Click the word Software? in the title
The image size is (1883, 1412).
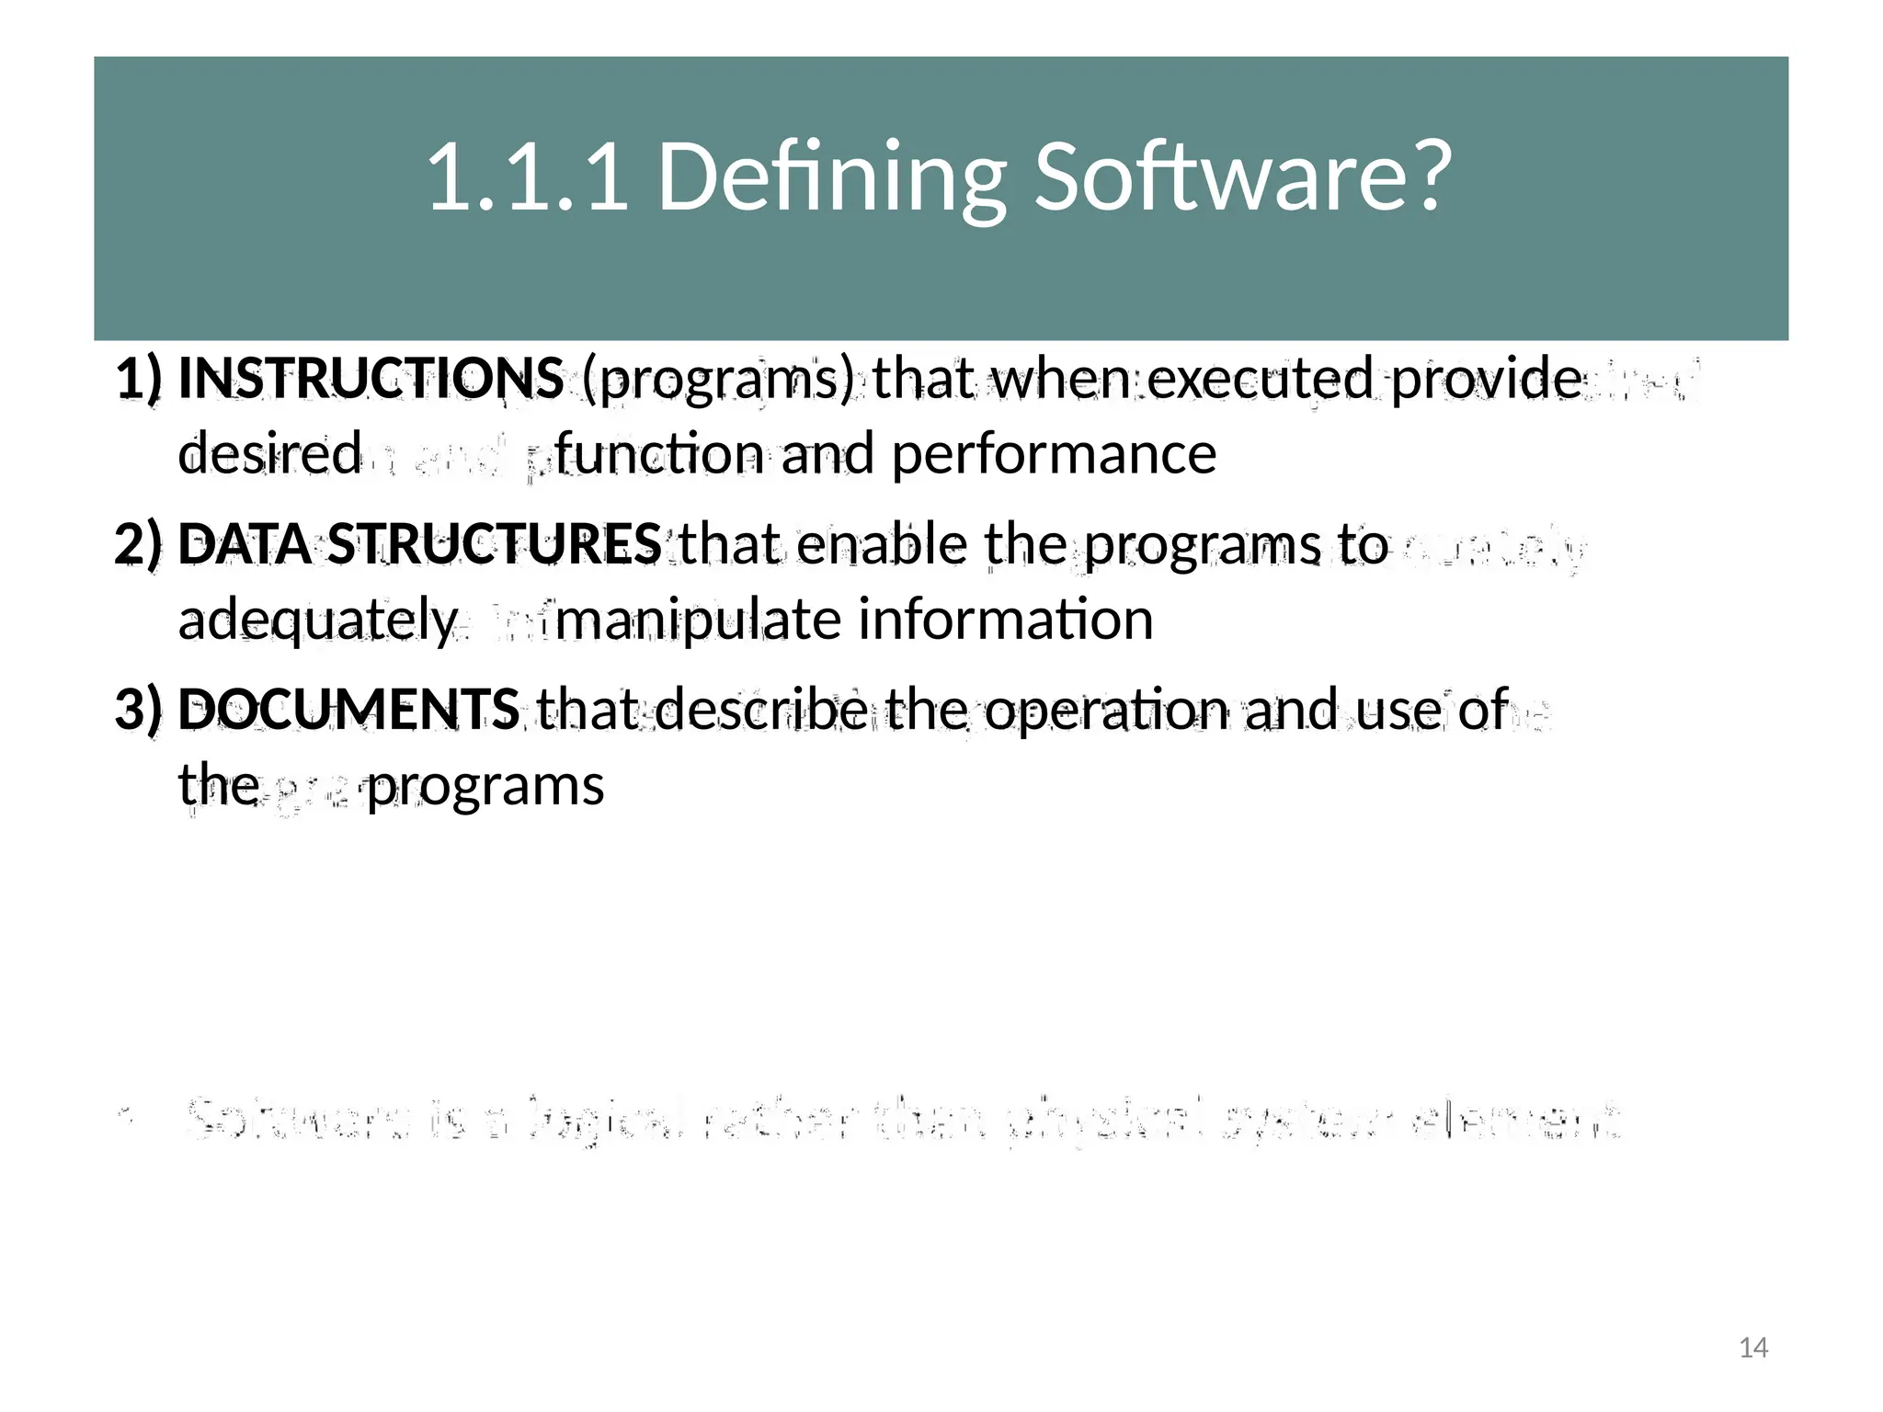1242,176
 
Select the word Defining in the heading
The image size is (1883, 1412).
831,176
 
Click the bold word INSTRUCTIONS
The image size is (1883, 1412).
371,378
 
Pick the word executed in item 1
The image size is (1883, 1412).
1261,378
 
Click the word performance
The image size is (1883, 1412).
1054,454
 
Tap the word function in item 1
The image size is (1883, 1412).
658,454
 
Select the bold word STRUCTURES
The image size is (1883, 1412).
495,543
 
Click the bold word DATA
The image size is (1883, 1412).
245,543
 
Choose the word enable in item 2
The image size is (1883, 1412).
882,543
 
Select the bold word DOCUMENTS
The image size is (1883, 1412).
348,709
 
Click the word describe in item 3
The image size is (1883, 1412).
761,709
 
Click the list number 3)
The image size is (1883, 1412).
139,710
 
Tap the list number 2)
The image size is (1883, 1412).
139,544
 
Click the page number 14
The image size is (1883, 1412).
1753,1348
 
